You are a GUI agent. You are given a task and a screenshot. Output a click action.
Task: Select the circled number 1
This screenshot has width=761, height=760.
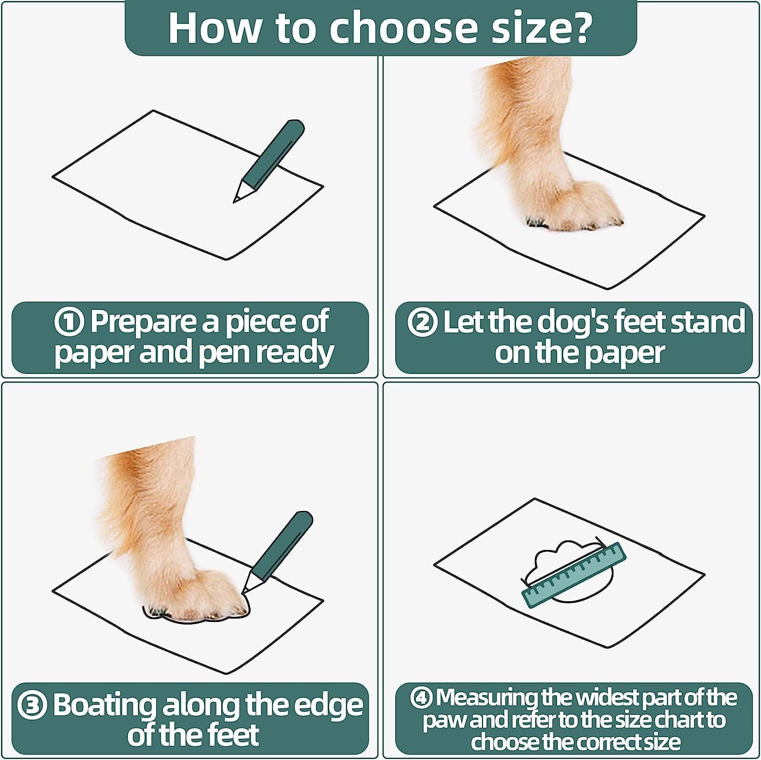tap(69, 322)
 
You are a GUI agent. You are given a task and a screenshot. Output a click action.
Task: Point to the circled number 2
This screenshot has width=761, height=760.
tap(422, 322)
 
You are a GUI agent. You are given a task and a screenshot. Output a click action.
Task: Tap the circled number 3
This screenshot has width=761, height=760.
tap(32, 706)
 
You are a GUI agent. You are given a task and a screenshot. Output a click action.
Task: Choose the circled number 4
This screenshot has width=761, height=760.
tap(422, 698)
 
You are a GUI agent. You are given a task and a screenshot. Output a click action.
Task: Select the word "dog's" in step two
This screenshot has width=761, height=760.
tap(548, 322)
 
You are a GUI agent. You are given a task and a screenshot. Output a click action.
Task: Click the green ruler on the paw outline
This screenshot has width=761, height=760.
tap(574, 575)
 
